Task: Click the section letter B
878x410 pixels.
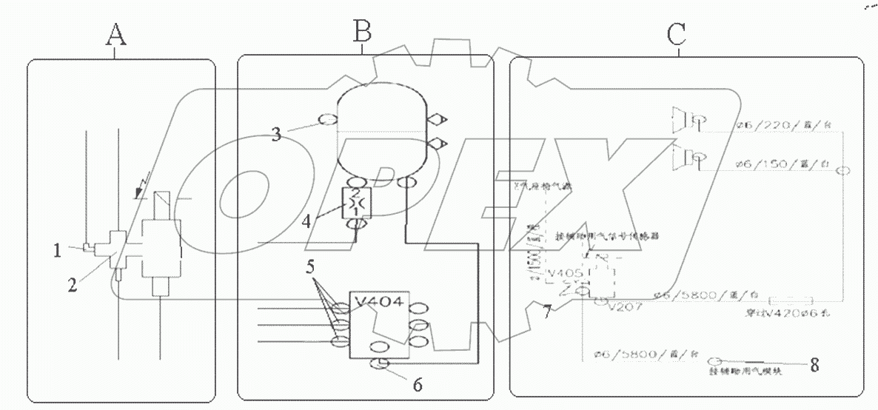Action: click(x=361, y=32)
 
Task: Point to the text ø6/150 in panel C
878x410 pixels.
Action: click(x=766, y=162)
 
